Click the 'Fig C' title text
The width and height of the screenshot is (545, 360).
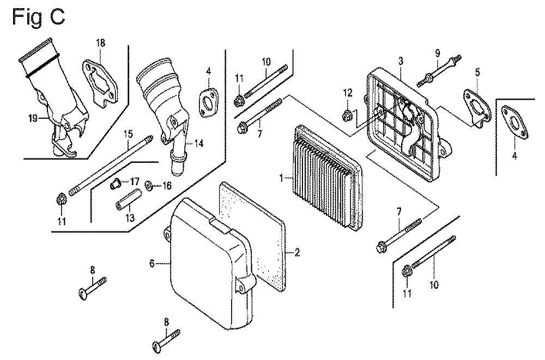pyautogui.click(x=38, y=16)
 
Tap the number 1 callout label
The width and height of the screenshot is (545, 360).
pyautogui.click(x=281, y=178)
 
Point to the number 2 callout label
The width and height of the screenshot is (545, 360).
pyautogui.click(x=297, y=252)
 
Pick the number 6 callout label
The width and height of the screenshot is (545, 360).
pyautogui.click(x=152, y=264)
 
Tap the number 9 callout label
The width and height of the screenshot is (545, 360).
pyautogui.click(x=437, y=53)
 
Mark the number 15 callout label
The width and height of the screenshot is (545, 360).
pyautogui.click(x=128, y=133)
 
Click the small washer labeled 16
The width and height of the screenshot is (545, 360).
pyautogui.click(x=149, y=186)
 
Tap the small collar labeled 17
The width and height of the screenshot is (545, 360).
pyautogui.click(x=115, y=184)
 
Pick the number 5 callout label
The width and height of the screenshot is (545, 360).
pyautogui.click(x=477, y=71)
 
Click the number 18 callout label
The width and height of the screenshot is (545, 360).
pyautogui.click(x=101, y=44)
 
